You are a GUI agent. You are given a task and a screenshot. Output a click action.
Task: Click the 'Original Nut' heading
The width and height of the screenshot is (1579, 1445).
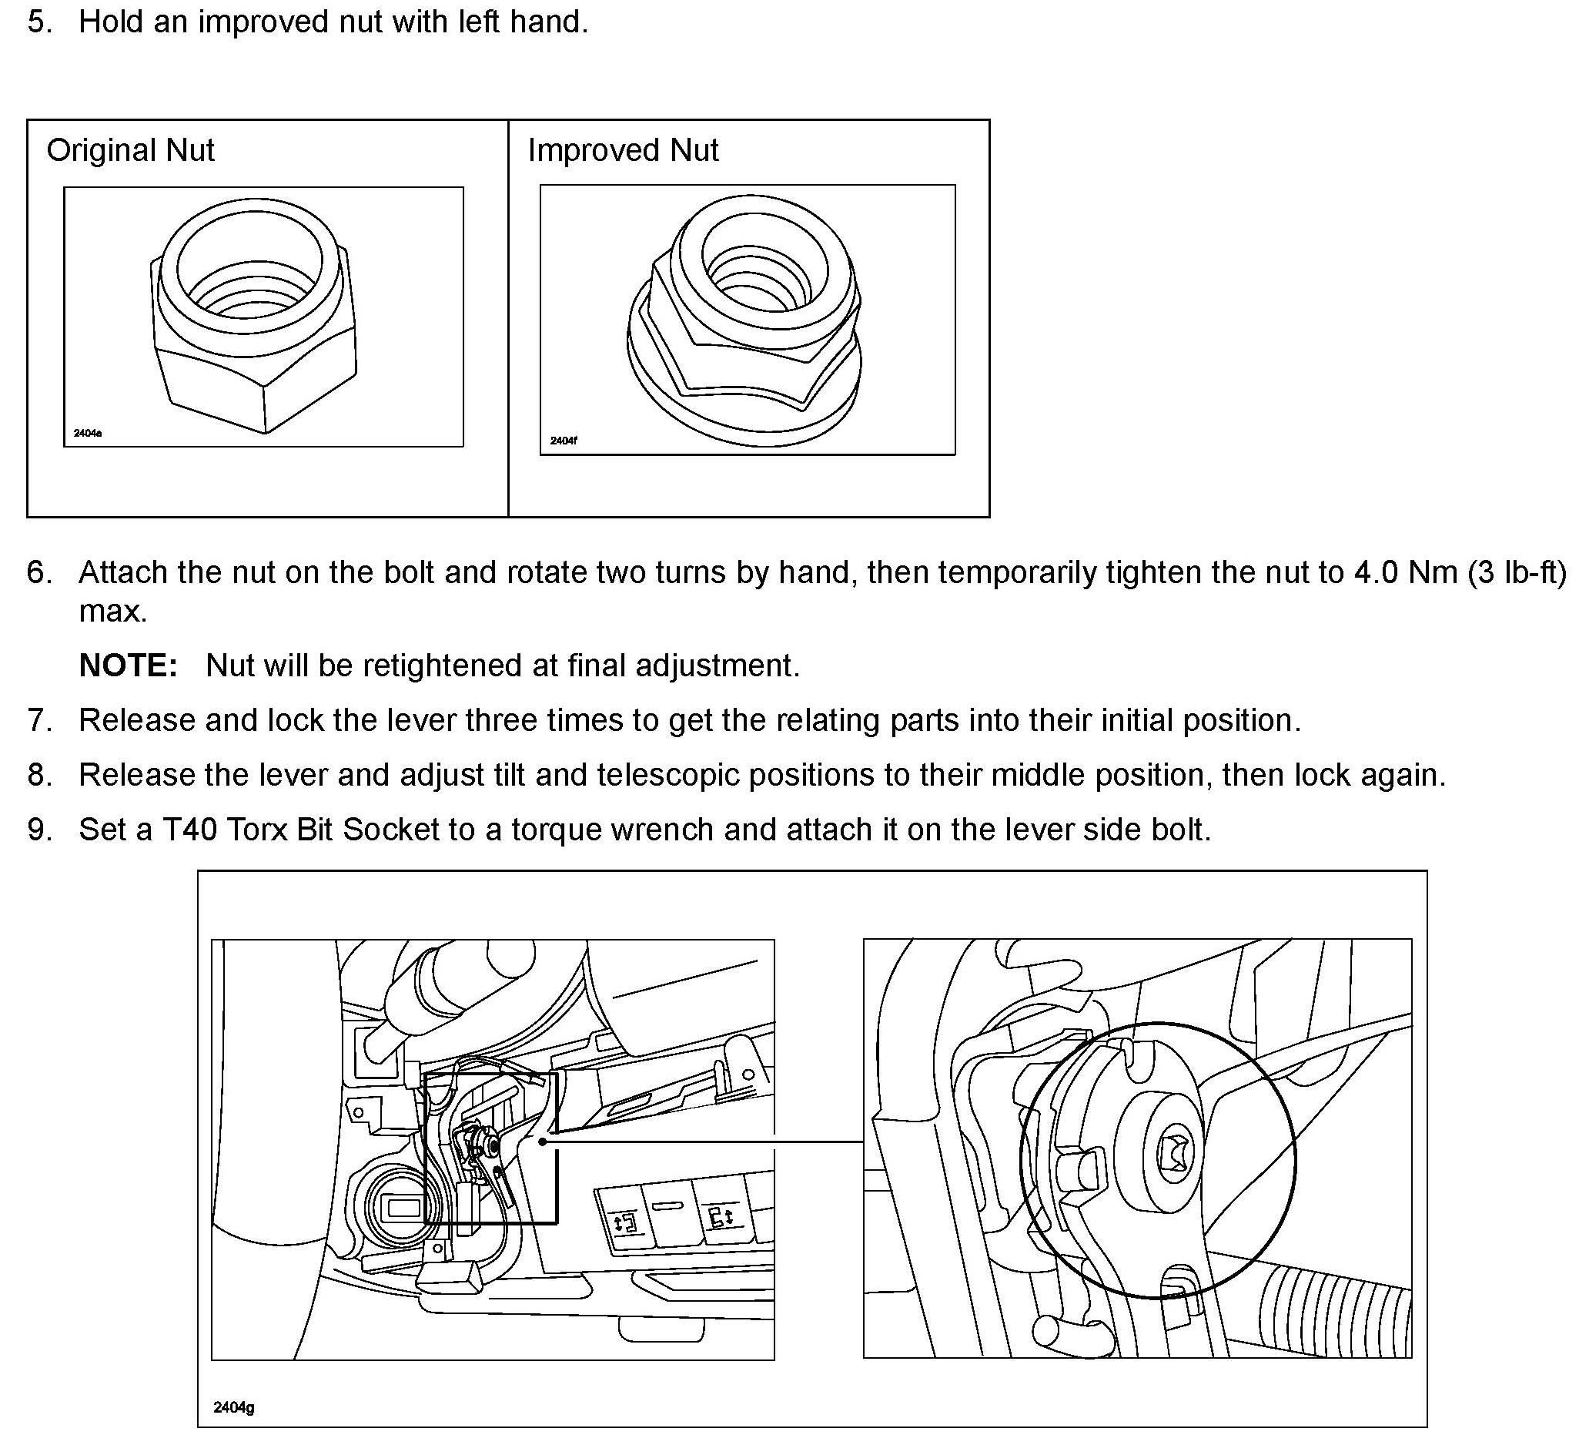tap(130, 150)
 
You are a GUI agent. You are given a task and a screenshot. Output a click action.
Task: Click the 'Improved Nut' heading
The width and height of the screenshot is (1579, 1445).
tap(623, 150)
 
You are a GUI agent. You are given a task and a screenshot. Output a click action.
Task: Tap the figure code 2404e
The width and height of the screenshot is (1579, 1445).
tap(88, 434)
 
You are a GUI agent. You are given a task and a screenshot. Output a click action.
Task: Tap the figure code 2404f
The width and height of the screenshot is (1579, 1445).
tap(564, 441)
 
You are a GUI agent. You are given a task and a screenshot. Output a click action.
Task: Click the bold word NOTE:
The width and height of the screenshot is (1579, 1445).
tap(129, 666)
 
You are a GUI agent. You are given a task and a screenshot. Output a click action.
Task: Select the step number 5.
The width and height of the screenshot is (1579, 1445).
tap(39, 22)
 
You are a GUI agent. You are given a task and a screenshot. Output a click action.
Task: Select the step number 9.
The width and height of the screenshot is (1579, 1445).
tap(39, 830)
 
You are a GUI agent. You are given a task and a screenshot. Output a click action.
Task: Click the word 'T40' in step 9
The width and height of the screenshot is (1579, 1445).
tap(189, 830)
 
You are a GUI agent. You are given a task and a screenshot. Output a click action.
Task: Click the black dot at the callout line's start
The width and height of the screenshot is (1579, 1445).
tap(543, 1142)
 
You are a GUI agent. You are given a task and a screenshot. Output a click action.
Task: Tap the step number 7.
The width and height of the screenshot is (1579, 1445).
tap(39, 720)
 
